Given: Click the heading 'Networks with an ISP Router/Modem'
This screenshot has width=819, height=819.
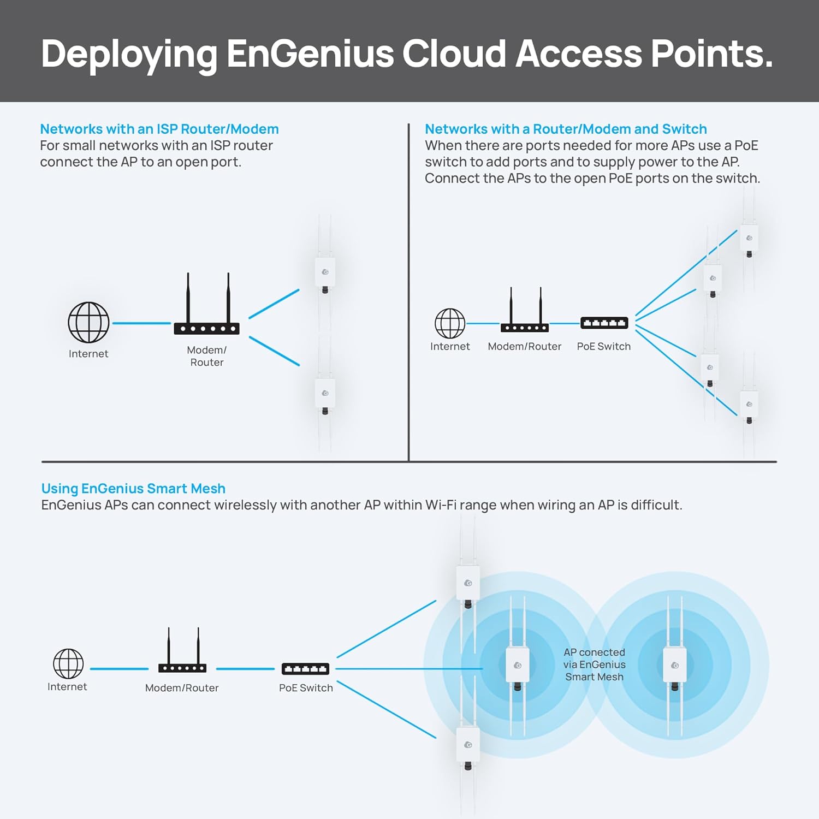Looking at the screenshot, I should [159, 129].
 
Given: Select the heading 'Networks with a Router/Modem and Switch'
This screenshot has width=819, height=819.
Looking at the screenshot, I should [566, 129].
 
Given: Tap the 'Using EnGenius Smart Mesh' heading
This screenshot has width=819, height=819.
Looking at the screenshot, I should [133, 489].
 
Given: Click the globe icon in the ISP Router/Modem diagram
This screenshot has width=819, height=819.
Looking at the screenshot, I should [88, 323].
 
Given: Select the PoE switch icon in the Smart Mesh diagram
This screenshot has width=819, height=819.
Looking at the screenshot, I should [305, 668].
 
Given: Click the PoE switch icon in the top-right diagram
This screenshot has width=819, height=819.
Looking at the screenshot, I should [604, 323].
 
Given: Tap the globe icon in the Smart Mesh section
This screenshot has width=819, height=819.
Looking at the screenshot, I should [68, 663].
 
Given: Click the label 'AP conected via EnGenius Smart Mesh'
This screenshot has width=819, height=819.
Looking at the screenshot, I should [594, 664].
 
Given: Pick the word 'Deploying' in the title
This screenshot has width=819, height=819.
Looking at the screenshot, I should [129, 54].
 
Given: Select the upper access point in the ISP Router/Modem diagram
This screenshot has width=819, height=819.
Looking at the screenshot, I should [325, 273].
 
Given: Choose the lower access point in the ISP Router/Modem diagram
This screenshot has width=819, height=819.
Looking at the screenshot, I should [325, 394].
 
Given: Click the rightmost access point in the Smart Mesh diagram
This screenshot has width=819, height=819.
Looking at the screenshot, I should [674, 666].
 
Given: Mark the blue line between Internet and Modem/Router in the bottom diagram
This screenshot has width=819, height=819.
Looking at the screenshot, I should [119, 668].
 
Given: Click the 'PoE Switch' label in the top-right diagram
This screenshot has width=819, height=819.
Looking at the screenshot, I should [603, 347].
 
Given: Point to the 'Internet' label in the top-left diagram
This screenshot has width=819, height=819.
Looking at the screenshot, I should [88, 354].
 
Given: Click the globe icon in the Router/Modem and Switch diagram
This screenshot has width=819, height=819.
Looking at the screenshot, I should [450, 323].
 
